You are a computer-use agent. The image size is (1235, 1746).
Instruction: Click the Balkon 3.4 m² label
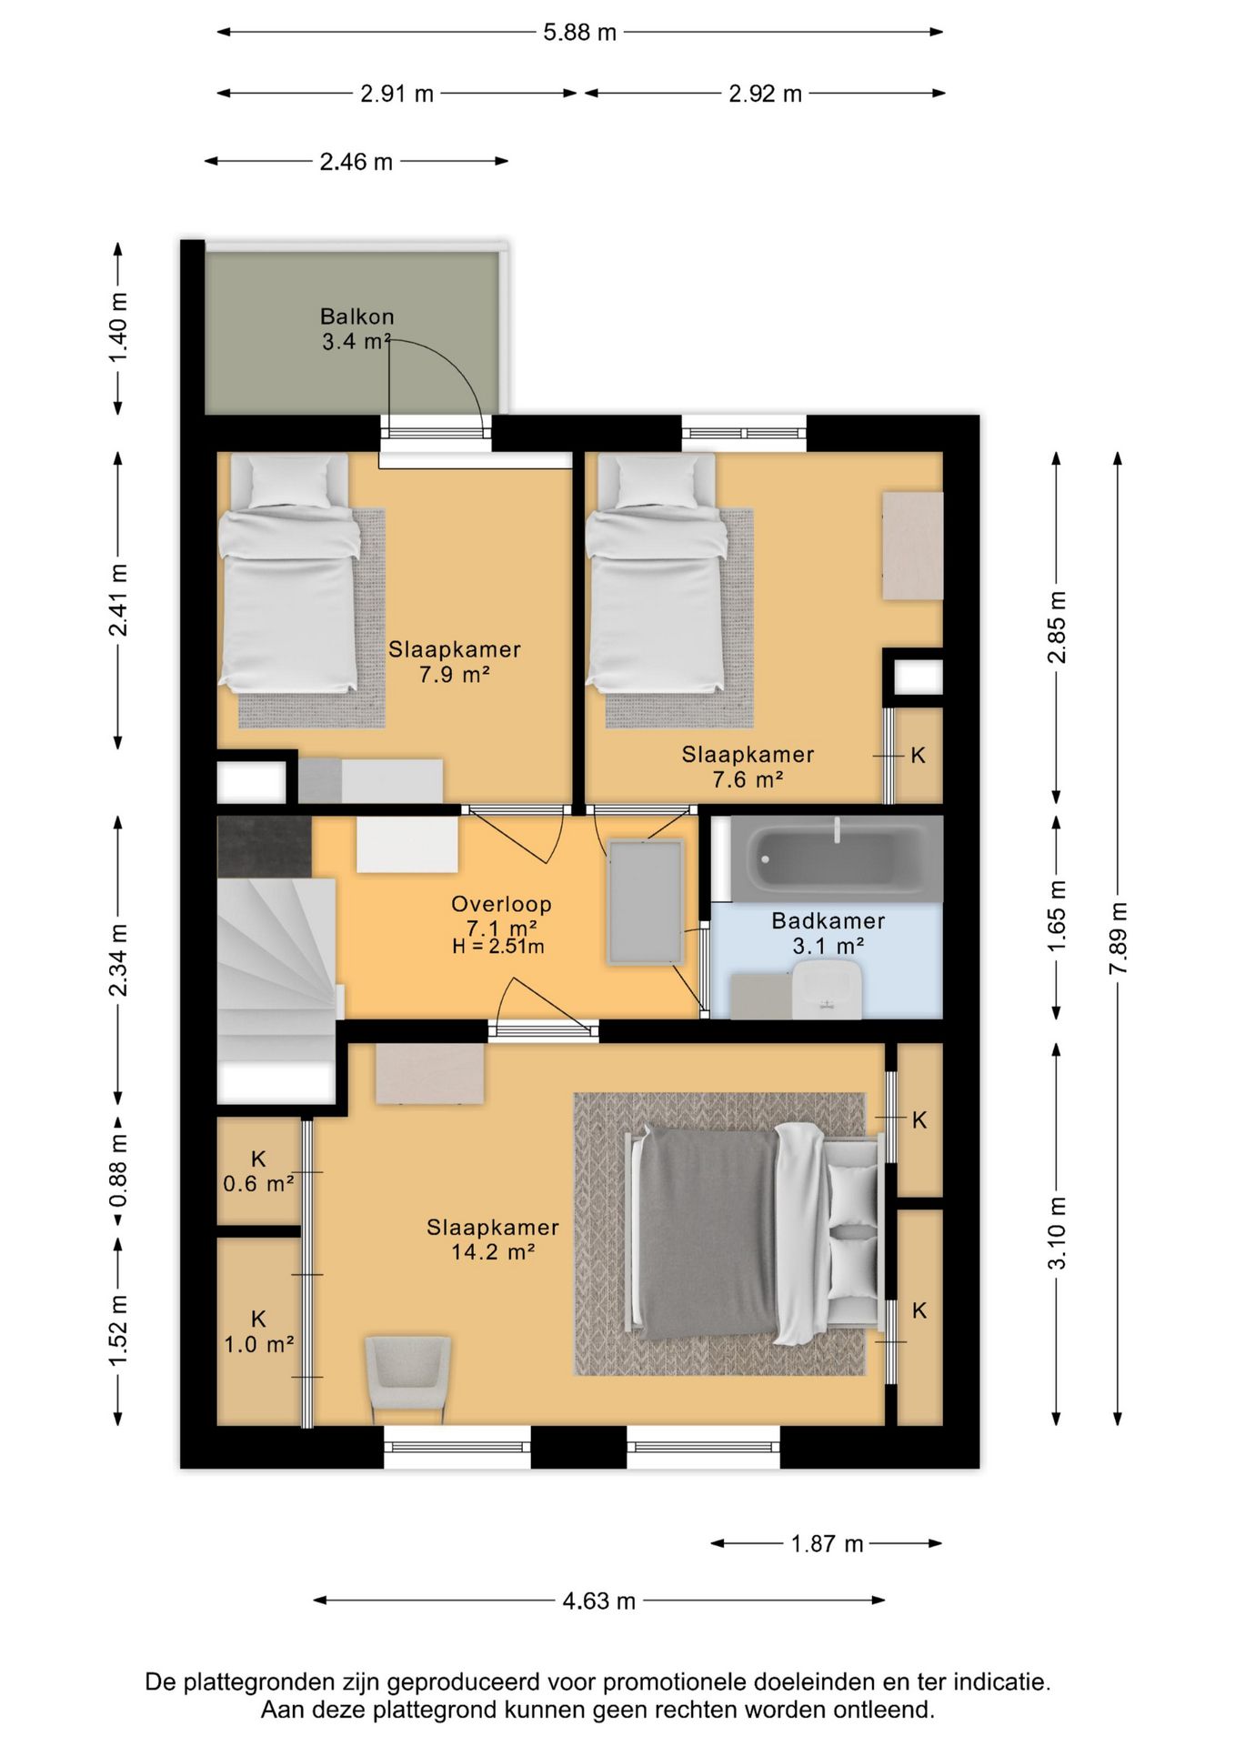pos(356,329)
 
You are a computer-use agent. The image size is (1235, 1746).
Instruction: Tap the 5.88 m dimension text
pos(580,33)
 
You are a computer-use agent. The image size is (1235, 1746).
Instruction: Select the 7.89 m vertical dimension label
pos(1119,938)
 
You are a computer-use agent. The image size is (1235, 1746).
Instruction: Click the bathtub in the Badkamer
pos(837,858)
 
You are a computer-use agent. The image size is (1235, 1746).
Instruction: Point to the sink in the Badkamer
pos(827,989)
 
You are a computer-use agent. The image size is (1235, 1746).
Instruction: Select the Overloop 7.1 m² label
pos(501,916)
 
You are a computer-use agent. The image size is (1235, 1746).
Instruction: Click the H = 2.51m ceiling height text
pos(498,947)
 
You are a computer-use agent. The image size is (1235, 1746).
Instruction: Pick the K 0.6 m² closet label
pos(258,1171)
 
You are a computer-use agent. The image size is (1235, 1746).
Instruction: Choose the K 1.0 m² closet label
pos(259,1331)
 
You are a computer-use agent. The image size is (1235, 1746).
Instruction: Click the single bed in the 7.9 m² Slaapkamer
pos(288,573)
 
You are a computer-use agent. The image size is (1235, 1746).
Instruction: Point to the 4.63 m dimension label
pos(598,1600)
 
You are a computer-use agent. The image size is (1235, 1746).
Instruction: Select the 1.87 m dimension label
pos(827,1543)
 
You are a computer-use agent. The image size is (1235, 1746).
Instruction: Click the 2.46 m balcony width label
pos(356,162)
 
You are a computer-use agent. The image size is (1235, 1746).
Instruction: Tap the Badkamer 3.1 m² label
pos(828,933)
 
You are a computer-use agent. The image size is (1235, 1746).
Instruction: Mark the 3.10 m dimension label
pos(1057,1233)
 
